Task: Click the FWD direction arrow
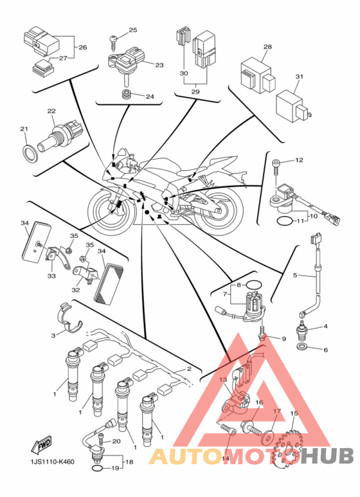(41, 445)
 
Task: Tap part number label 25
(133, 30)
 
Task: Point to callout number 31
(299, 77)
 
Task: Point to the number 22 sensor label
(51, 111)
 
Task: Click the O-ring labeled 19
(97, 469)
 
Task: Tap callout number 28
(267, 46)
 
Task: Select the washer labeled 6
(302, 346)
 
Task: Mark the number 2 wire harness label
(189, 368)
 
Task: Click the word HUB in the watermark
(328, 456)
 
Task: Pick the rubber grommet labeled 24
(127, 95)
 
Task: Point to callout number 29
(195, 91)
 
